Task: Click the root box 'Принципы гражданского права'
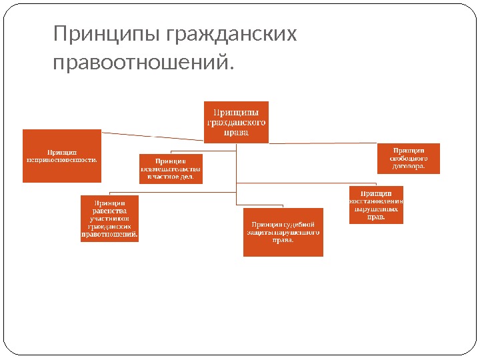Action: click(236, 121)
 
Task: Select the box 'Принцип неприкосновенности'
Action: click(62, 155)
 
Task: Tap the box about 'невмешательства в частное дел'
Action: click(170, 169)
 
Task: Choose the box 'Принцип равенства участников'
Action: click(109, 218)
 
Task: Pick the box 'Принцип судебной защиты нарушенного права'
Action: click(283, 232)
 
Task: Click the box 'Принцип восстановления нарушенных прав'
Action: click(376, 204)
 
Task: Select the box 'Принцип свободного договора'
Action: click(408, 159)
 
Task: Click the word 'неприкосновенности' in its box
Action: click(62, 159)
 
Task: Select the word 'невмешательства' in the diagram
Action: click(170, 169)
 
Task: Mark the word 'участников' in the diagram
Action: click(109, 218)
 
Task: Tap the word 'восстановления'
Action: click(376, 201)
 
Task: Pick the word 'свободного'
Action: click(408, 159)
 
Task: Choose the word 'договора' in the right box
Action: click(407, 167)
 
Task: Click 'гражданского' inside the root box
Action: click(236, 122)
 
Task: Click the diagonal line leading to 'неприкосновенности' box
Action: click(153, 136)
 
